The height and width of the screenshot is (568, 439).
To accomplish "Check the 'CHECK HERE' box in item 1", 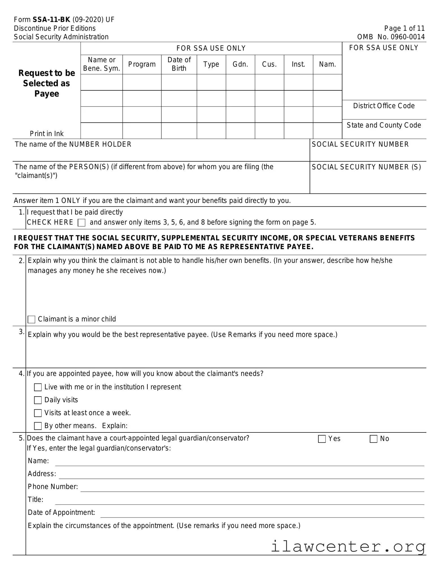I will coord(81,223).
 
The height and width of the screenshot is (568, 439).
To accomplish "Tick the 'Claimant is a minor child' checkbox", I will coord(31,319).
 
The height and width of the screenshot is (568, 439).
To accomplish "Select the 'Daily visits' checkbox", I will coord(38,400).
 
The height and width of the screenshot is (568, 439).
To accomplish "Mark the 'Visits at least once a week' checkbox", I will coord(38,413).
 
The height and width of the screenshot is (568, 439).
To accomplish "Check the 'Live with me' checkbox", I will coord(38,387).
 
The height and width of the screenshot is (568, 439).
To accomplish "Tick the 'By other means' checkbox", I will coord(38,426).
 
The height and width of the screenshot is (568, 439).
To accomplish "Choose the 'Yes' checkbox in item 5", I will coord(322,439).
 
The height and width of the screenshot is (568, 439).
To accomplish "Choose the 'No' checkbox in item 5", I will coord(373,439).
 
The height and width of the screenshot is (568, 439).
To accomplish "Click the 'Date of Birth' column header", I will coord(179,64).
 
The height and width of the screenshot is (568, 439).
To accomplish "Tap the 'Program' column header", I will coord(142,64).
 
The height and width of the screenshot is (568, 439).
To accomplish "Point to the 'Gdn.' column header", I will coord(240,64).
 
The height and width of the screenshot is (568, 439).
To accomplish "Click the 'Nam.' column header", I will coord(327,64).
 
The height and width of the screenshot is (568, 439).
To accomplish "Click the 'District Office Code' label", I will coord(384,106).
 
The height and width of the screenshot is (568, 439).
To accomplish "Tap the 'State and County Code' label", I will coord(384,125).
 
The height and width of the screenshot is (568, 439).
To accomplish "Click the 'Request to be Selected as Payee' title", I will coord(47,83).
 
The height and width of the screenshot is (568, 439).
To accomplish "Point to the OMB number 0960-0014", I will coord(391,37).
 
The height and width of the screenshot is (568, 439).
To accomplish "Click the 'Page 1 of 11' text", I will coord(404,28).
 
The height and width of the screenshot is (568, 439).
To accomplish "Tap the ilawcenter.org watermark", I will coord(348,546).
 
